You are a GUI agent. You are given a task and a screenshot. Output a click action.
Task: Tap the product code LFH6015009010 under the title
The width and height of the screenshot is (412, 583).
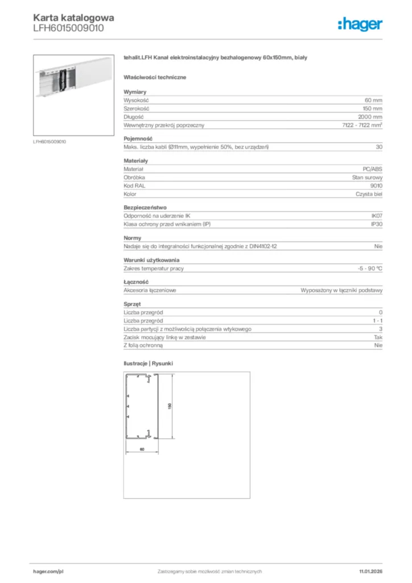pyautogui.click(x=68, y=28)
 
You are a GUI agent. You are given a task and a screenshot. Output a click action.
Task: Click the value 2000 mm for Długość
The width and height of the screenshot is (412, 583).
pyautogui.click(x=370, y=117)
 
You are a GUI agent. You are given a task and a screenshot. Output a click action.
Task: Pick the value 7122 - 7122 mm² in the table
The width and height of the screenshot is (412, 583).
pyautogui.click(x=362, y=125)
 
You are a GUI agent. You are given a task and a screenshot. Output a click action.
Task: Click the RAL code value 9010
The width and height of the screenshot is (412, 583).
pyautogui.click(x=376, y=186)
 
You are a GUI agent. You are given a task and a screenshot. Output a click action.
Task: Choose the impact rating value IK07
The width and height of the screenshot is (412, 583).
pyautogui.click(x=376, y=216)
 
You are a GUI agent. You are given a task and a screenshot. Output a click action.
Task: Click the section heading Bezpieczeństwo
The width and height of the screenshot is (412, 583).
pyautogui.click(x=145, y=208)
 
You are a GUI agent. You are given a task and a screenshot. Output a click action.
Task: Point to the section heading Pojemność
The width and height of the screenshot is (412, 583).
pyautogui.click(x=137, y=138)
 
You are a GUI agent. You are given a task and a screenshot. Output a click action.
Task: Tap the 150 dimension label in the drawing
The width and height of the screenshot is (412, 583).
pyautogui.click(x=169, y=406)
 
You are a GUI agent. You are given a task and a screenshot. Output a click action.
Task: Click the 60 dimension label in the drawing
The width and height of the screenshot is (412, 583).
pyautogui.click(x=142, y=449)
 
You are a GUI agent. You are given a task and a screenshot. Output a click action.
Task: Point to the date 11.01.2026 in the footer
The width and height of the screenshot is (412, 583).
pyautogui.click(x=370, y=570)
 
